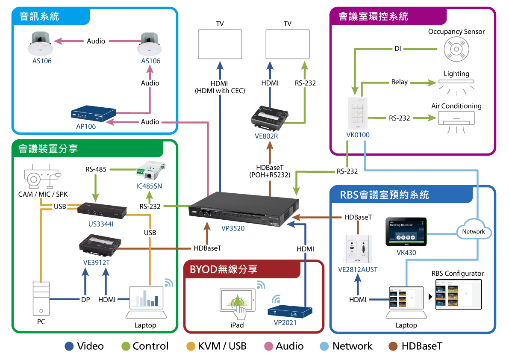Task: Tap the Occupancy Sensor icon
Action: click(456, 50)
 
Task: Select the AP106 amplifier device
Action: click(93, 114)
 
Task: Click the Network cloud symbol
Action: click(473, 231)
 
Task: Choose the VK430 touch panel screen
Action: click(406, 231)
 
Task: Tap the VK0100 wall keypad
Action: click(358, 113)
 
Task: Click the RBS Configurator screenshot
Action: click(458, 295)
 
